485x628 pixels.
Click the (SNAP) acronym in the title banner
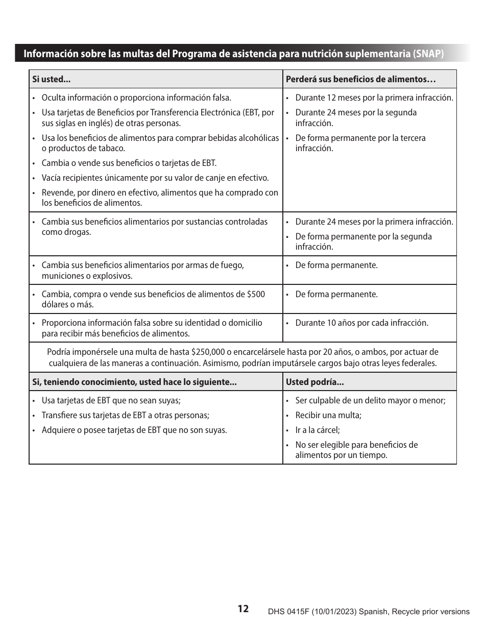coord(428,54)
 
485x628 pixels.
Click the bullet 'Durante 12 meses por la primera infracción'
coord(374,98)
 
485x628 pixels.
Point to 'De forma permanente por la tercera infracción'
coord(360,143)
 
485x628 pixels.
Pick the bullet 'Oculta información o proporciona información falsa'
coord(136,98)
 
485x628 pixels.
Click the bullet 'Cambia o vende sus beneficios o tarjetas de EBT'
coord(129,163)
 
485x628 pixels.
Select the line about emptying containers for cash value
coord(155,178)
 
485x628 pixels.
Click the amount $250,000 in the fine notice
coord(208,352)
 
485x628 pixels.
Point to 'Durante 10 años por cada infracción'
coord(361,323)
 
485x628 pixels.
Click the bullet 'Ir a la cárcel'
coord(317,430)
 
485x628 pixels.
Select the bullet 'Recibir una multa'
coord(328,415)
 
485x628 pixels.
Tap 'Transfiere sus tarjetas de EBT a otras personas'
coord(125,415)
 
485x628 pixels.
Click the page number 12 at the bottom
coord(243,608)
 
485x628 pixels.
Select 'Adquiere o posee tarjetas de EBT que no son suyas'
coord(134,430)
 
